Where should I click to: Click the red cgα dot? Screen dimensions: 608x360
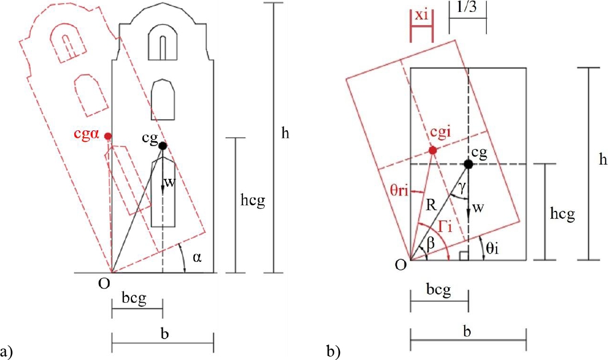[108, 136]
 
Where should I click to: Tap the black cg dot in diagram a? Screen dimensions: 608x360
[162, 146]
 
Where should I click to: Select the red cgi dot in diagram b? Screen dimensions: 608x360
[433, 150]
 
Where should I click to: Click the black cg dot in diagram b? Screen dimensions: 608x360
[469, 164]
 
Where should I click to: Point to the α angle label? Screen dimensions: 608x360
[197, 257]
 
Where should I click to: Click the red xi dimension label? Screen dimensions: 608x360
[422, 15]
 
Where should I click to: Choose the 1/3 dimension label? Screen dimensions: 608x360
[467, 7]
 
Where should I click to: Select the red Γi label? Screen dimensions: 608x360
[445, 227]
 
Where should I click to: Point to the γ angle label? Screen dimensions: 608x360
[461, 188]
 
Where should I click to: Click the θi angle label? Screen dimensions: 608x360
[492, 248]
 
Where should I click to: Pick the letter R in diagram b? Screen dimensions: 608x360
[431, 205]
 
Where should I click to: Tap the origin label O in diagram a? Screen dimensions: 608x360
[104, 284]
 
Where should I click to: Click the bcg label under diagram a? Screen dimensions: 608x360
[134, 298]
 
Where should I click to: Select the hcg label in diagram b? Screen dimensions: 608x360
[562, 213]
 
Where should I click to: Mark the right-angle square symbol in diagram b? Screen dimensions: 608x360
[464, 255]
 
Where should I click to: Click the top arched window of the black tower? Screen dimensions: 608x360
[162, 43]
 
